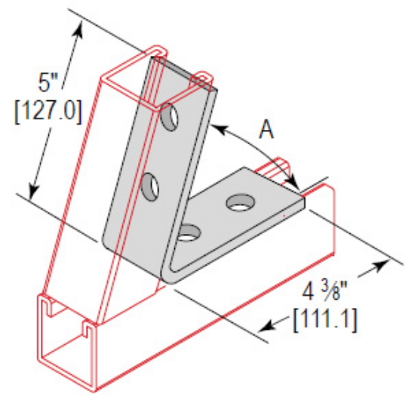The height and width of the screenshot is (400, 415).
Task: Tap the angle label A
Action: pos(266,130)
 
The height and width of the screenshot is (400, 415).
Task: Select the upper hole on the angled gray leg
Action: pos(170,115)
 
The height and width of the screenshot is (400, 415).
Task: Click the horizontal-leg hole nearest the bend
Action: pos(189,234)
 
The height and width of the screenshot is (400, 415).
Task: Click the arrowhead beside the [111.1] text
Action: pos(266,325)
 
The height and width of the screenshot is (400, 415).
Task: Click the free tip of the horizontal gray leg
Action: pos(300,198)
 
